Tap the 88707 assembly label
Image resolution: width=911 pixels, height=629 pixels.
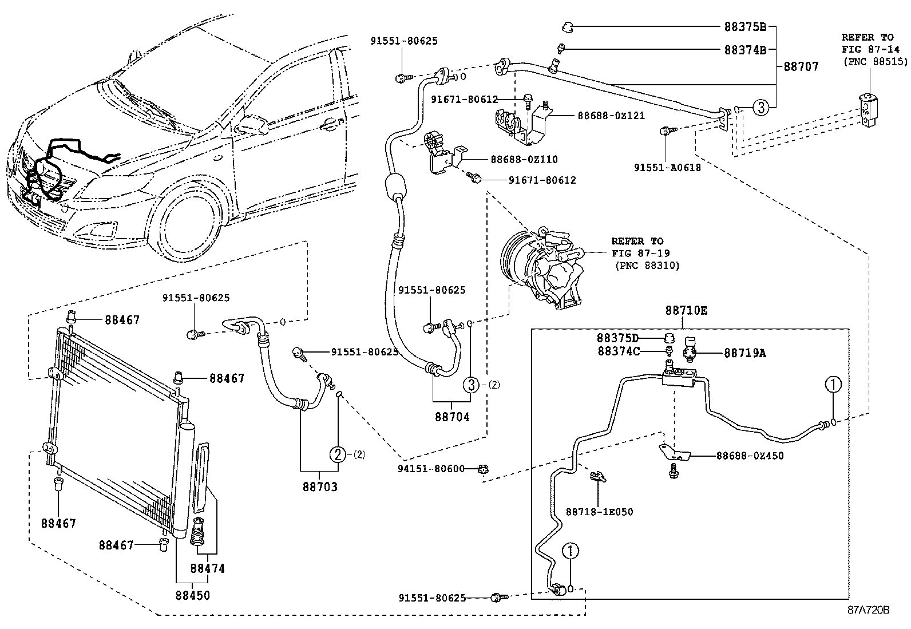(801, 66)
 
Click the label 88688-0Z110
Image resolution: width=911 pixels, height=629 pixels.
(524, 160)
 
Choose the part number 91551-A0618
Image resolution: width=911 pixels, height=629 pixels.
(667, 168)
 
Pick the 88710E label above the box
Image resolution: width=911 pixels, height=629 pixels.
(686, 311)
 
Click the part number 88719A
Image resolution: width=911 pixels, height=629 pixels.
(744, 354)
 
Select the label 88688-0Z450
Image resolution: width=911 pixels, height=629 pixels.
(750, 456)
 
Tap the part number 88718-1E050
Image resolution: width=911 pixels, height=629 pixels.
(599, 512)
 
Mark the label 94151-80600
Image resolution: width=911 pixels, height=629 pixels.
(431, 469)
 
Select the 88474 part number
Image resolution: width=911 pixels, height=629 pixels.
(207, 569)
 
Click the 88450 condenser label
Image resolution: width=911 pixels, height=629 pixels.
(192, 595)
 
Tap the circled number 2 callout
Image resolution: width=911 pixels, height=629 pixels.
(338, 455)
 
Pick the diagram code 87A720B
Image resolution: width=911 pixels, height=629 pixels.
(868, 610)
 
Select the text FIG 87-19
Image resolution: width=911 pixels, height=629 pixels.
(640, 253)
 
